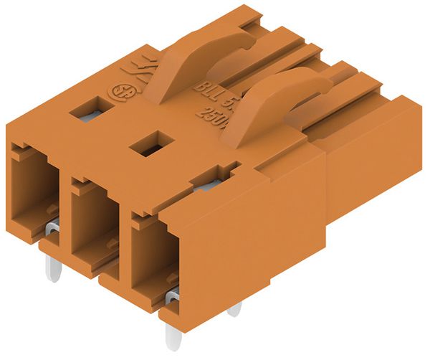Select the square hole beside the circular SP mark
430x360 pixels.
[x=88, y=109]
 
